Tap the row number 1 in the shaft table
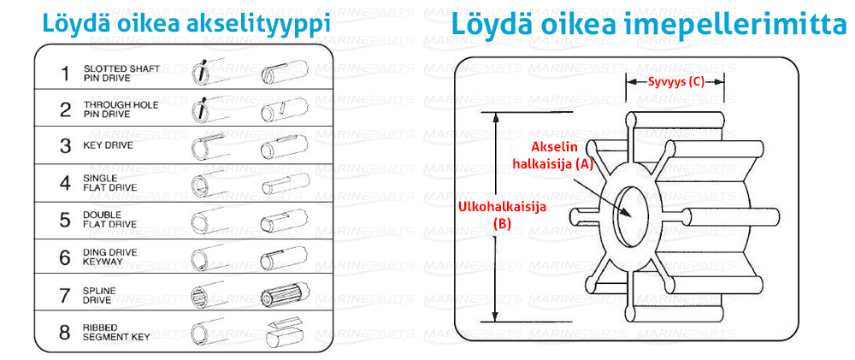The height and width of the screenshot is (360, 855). click(x=66, y=73)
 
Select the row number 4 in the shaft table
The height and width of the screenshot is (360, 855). click(x=66, y=183)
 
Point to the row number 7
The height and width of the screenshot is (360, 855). click(x=66, y=295)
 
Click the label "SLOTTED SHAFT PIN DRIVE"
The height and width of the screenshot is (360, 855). click(x=121, y=73)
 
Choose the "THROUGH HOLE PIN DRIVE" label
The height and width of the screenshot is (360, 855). click(x=121, y=109)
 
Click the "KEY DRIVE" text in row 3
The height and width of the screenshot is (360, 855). click(x=108, y=146)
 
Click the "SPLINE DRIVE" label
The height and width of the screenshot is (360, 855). click(x=99, y=295)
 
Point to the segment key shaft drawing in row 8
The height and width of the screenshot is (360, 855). click(x=286, y=332)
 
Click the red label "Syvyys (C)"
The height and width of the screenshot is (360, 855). click(x=675, y=82)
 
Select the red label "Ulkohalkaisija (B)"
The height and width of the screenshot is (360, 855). click(x=502, y=215)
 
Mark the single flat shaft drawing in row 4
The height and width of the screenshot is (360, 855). click(x=286, y=183)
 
